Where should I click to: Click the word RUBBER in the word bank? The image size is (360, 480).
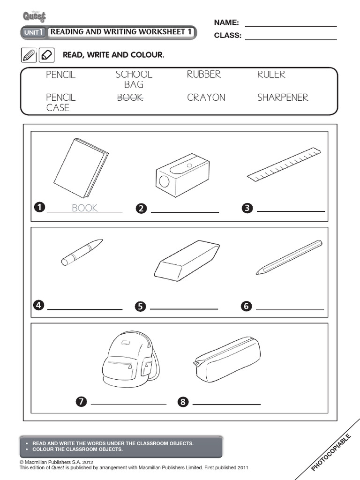click(x=203, y=75)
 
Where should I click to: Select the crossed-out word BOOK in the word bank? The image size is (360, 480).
click(x=130, y=97)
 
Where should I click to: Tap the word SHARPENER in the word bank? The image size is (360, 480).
click(x=283, y=97)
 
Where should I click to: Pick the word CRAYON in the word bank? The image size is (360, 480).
click(x=206, y=97)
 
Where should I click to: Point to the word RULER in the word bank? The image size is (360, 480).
click(x=271, y=75)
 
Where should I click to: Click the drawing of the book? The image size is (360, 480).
click(x=81, y=168)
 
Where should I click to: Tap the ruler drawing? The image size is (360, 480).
click(x=284, y=165)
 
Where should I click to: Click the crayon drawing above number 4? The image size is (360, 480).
click(x=82, y=252)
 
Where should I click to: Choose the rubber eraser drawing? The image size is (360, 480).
click(x=187, y=261)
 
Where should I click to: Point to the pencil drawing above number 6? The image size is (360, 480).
click(x=289, y=257)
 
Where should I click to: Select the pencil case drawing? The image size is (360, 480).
click(x=226, y=360)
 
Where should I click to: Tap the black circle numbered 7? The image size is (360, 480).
click(x=81, y=401)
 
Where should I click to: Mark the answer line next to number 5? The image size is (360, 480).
click(x=184, y=308)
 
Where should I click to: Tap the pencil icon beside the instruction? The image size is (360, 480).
click(x=28, y=55)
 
